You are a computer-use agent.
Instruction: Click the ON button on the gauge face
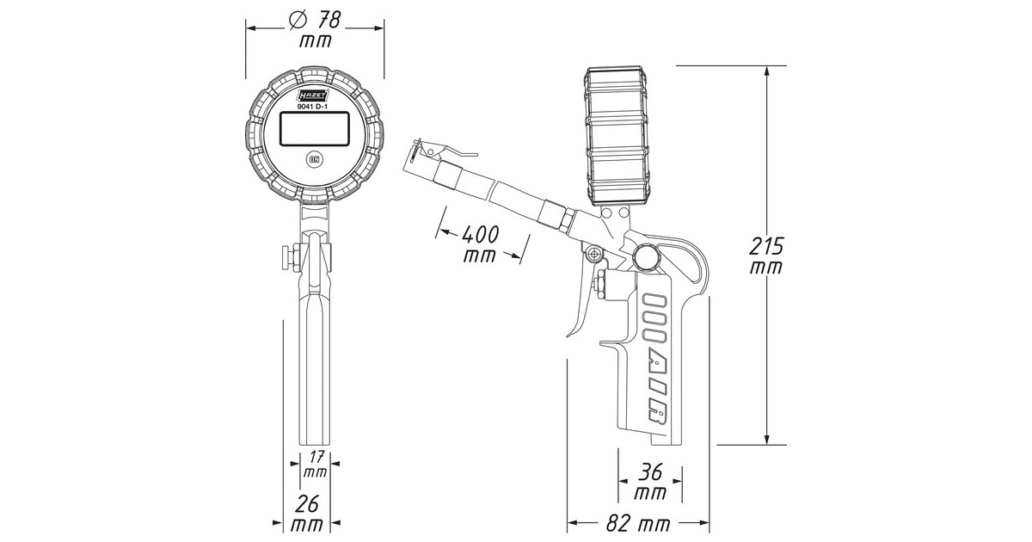(x=315, y=159)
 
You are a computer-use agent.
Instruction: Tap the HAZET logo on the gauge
(x=313, y=95)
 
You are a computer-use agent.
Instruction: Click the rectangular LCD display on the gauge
(x=315, y=128)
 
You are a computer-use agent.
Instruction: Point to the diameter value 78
(x=328, y=20)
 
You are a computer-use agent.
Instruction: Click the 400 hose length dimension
(x=480, y=234)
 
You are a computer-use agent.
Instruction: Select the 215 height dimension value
(x=765, y=246)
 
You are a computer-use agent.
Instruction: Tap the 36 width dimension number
(x=650, y=471)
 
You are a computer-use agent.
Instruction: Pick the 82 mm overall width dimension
(x=637, y=523)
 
